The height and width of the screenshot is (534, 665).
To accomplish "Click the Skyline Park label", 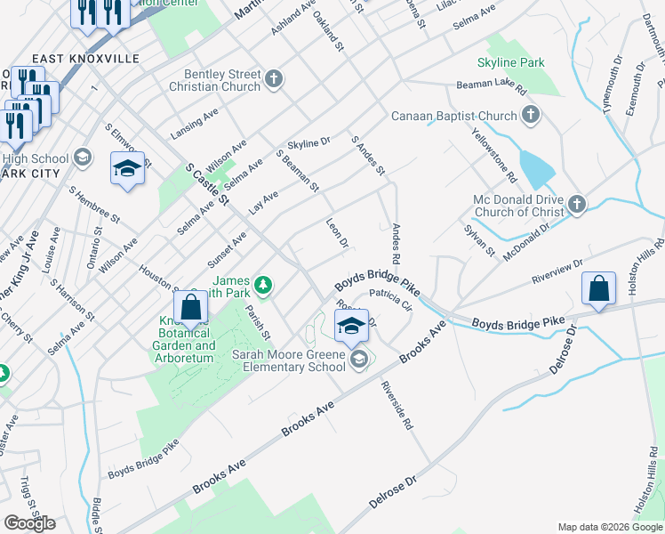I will click(x=510, y=63).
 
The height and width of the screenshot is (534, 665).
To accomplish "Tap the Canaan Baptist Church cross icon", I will click(x=531, y=116).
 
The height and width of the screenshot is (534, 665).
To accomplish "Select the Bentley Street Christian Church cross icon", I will click(x=274, y=79).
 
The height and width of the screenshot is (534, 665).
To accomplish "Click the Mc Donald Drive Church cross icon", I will click(x=576, y=205).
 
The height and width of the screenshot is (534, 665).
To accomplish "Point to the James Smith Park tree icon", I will click(x=262, y=285).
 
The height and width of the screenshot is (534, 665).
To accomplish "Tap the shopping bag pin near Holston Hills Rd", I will click(x=598, y=289).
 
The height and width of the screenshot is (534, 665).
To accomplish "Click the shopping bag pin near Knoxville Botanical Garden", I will click(x=191, y=308).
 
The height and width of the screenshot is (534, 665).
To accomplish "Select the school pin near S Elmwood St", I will click(x=127, y=168).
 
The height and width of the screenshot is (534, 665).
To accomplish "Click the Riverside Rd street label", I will click(x=397, y=406).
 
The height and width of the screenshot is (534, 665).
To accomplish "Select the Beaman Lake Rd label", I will click(x=492, y=87).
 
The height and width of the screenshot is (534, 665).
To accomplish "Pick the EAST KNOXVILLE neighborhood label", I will click(x=86, y=58).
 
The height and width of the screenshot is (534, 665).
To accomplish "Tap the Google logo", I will click(x=29, y=522).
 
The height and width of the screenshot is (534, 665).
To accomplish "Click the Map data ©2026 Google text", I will click(x=609, y=527).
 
